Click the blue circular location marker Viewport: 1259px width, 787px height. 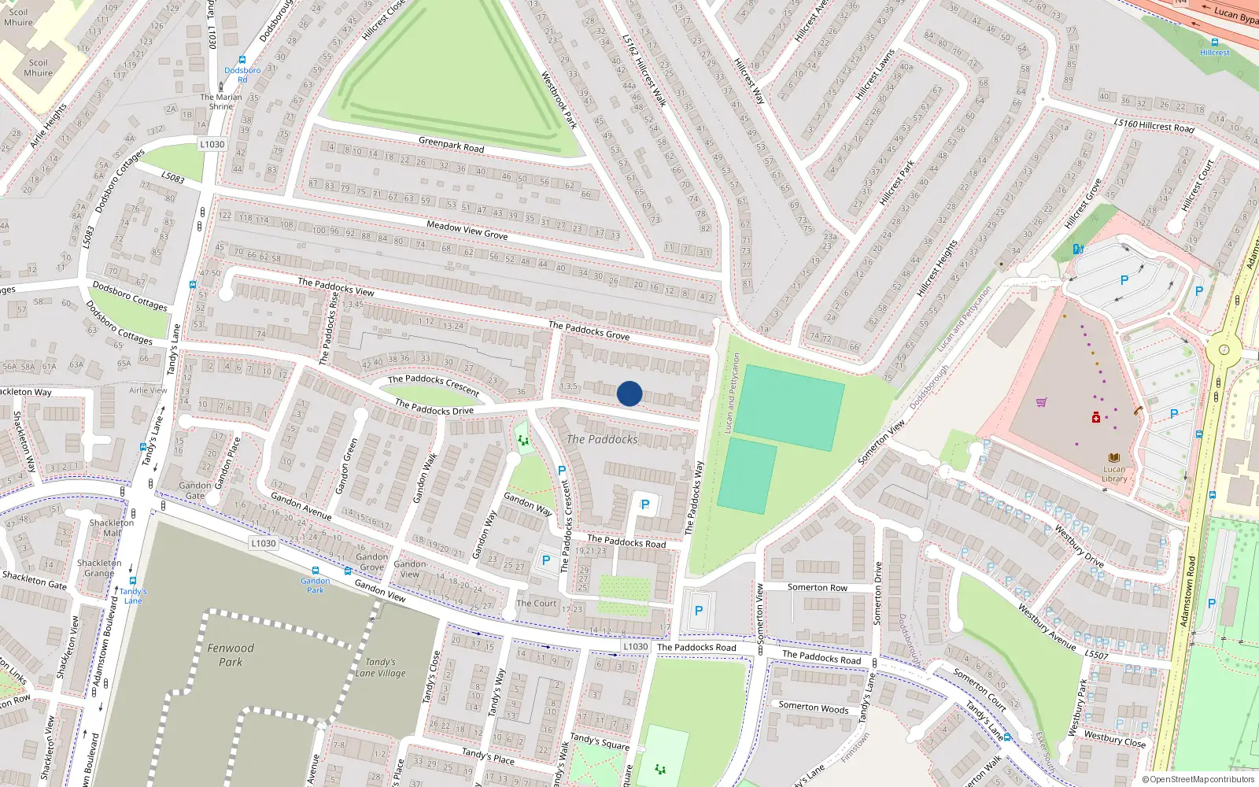(x=629, y=393)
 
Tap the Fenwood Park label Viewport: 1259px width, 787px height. (x=231, y=655)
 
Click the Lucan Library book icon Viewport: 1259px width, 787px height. (x=1114, y=457)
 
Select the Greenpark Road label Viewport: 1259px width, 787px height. (x=451, y=145)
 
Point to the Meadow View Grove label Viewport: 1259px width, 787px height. (x=467, y=230)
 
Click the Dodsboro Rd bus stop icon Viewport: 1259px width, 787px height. (x=242, y=60)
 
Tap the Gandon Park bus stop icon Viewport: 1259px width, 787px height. (x=316, y=571)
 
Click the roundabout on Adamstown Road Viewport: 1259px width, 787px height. (x=1224, y=350)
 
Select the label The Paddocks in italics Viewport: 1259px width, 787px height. (x=602, y=439)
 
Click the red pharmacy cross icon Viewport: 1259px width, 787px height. (x=1096, y=418)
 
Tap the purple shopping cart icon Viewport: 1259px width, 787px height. (x=1042, y=402)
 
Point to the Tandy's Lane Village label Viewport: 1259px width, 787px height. (x=380, y=667)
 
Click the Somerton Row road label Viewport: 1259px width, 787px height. (x=818, y=587)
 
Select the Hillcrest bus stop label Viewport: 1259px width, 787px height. (x=1215, y=53)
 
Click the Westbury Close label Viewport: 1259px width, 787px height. (x=1114, y=738)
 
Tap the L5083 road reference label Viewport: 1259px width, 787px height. (x=172, y=178)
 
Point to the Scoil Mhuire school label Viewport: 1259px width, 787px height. (x=38, y=68)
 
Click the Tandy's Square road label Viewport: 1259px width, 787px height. (x=600, y=741)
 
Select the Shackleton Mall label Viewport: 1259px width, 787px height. (x=111, y=527)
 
